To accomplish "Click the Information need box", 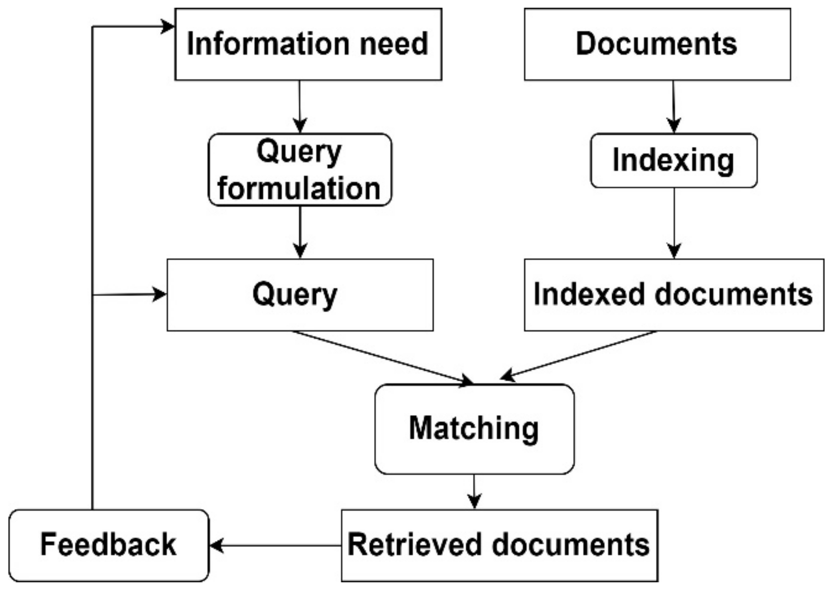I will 308,44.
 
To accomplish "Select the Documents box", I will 657,44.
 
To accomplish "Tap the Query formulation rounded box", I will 299,170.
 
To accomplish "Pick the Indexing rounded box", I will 673,161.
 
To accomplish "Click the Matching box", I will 474,429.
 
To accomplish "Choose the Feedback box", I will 108,545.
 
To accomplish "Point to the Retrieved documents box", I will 499,545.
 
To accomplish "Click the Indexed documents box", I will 673,295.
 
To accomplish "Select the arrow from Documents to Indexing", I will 673,106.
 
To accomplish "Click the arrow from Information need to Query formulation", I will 300,106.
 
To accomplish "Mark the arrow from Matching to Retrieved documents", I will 474,492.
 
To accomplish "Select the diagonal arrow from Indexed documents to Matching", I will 578,354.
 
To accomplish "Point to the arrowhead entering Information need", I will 167,27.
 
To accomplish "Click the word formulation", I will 299,188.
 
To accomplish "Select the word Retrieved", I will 415,545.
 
